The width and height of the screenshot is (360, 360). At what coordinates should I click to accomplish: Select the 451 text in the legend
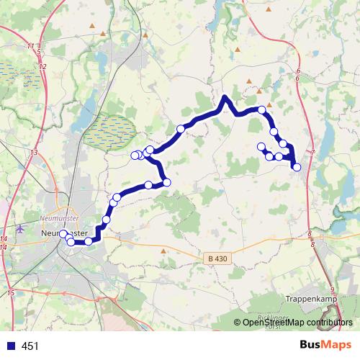(30, 346)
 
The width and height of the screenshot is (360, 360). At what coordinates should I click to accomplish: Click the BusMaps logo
(325, 345)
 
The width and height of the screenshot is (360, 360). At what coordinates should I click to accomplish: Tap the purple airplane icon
(19, 229)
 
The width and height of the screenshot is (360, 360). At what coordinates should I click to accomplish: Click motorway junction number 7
(313, 152)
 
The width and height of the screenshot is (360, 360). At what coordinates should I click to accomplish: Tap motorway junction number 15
(11, 293)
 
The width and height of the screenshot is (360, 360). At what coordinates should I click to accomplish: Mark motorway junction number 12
(43, 66)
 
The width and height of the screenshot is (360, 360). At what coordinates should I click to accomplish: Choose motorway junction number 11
(30, 46)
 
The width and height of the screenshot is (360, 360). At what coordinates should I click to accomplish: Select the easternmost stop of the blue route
(297, 167)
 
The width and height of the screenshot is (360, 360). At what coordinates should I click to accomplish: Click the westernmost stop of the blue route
(63, 234)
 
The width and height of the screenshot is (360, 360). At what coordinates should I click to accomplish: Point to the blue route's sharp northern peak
(225, 97)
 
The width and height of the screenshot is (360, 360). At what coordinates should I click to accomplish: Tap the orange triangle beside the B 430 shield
(164, 251)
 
